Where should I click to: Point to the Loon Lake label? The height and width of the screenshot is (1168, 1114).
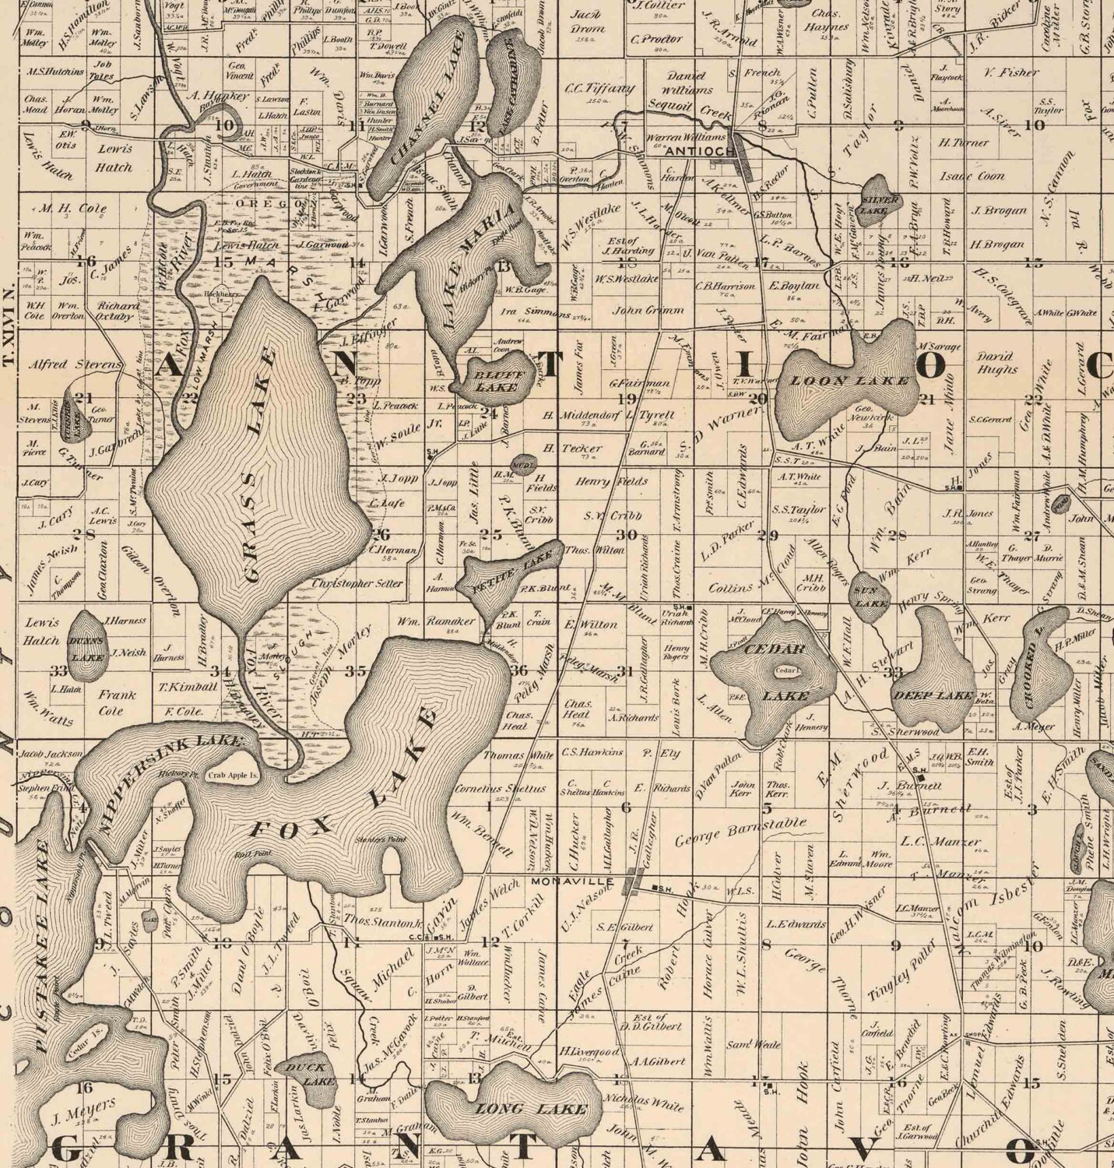coord(849,381)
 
